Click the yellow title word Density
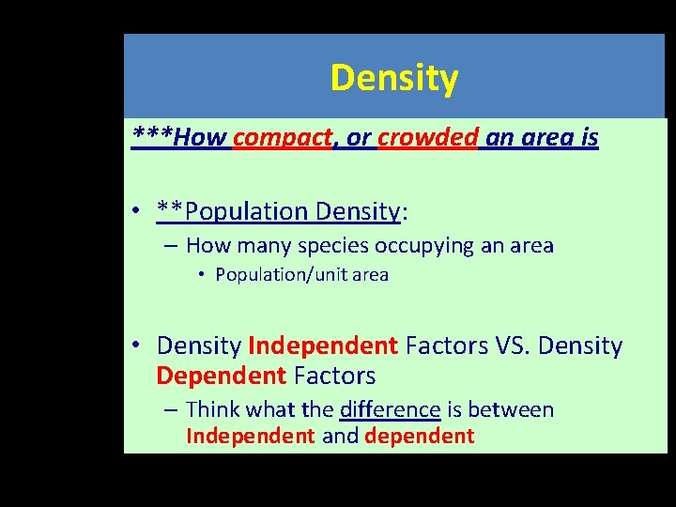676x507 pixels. click(x=393, y=78)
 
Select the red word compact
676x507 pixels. click(x=283, y=138)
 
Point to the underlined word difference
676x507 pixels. click(x=390, y=409)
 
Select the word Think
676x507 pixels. click(x=212, y=409)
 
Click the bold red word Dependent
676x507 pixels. click(x=222, y=376)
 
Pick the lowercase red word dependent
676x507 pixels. click(x=419, y=436)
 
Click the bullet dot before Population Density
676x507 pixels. click(x=137, y=212)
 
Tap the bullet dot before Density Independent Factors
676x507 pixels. click(x=137, y=346)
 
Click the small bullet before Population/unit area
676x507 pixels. click(x=201, y=275)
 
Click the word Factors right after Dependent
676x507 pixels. click(x=334, y=376)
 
